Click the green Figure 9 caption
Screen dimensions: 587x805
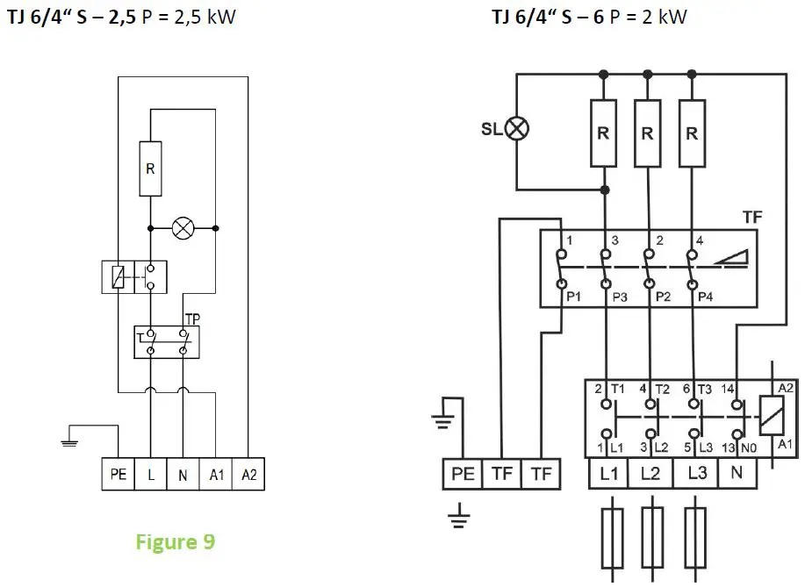point(176,542)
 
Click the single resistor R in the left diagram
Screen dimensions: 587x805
point(150,168)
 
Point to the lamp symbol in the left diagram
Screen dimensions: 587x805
point(183,228)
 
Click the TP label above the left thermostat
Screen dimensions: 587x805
point(192,320)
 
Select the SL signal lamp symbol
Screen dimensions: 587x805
point(517,129)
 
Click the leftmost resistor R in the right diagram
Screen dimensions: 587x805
point(603,133)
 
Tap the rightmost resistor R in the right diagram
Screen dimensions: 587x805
point(693,133)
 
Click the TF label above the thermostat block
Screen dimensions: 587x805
point(751,215)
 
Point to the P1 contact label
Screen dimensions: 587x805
point(573,297)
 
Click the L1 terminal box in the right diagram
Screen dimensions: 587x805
point(607,474)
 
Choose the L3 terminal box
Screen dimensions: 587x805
point(697,474)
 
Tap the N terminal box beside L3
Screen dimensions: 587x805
point(736,474)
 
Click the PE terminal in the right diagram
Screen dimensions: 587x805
point(463,474)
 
